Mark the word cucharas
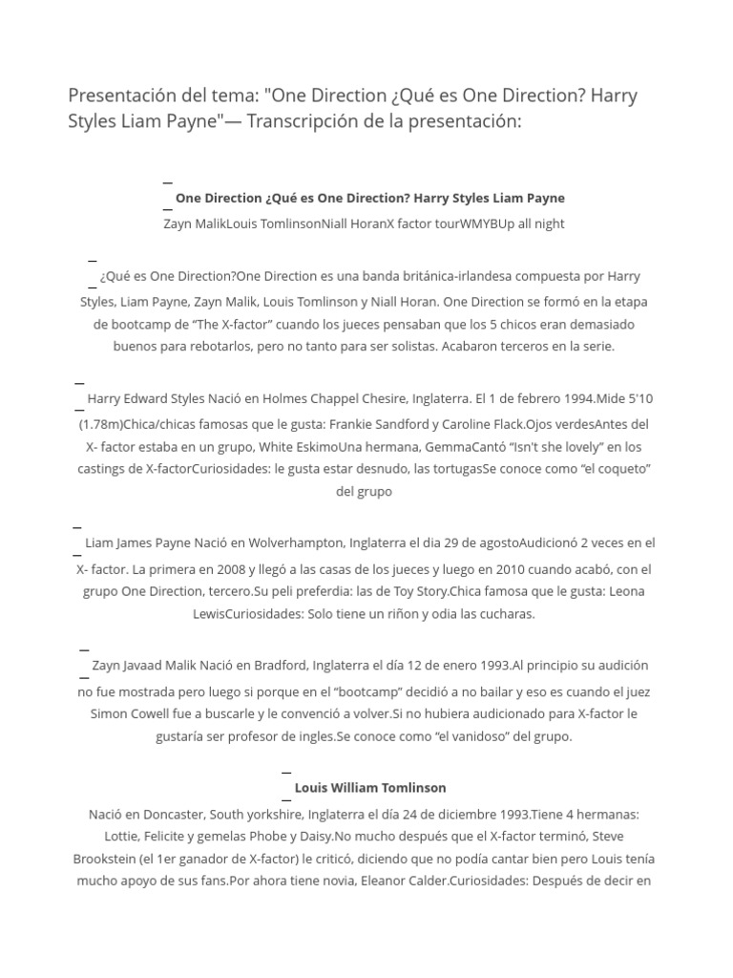tap(504, 614)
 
